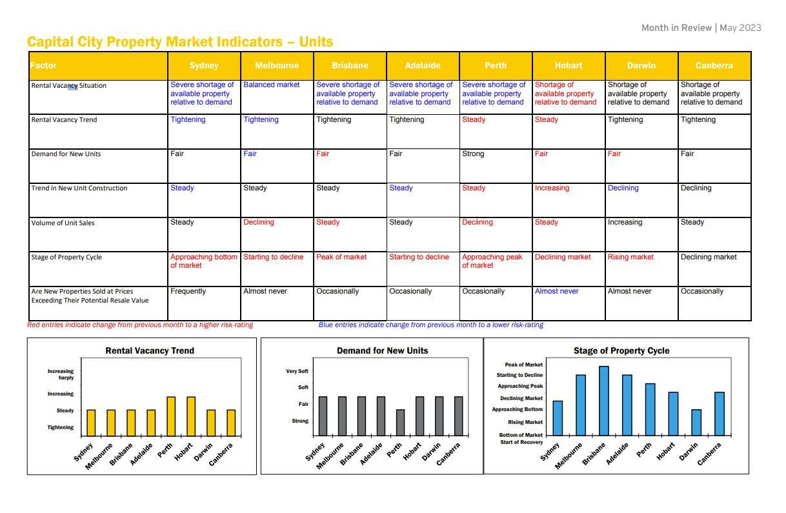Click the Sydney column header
(x=204, y=66)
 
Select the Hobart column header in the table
(x=569, y=66)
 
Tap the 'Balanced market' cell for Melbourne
(x=271, y=85)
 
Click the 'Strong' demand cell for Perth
(x=473, y=154)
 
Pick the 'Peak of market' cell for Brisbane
(x=341, y=257)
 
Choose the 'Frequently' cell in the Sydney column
(x=188, y=292)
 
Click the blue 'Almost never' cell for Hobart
(x=556, y=292)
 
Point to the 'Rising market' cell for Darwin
(x=630, y=257)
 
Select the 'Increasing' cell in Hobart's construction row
(x=552, y=188)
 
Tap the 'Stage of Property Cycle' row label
(x=66, y=257)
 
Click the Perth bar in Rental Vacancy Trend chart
(x=171, y=416)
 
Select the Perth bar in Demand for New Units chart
(x=400, y=423)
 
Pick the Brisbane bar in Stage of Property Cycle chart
(x=604, y=401)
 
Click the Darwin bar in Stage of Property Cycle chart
(x=696, y=422)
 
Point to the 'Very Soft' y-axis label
(x=297, y=372)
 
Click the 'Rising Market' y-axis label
(x=525, y=422)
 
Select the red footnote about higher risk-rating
(x=140, y=325)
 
